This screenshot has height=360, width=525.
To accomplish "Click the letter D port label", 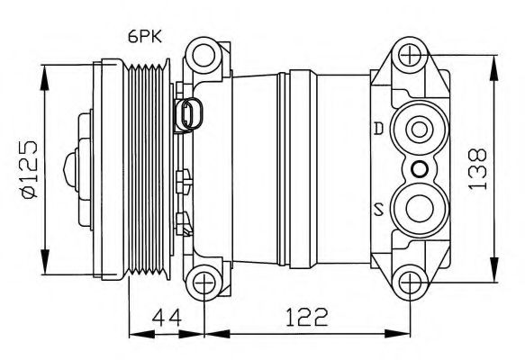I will coord(379,128).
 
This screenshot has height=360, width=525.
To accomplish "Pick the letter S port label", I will coord(379,211).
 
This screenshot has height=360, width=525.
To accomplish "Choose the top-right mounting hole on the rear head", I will coord(412,56).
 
